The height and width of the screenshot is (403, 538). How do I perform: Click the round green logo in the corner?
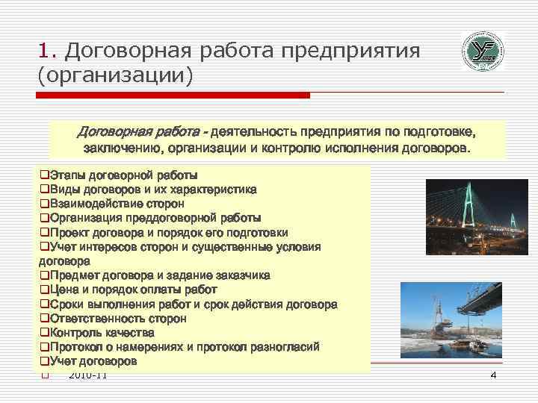click(482, 51)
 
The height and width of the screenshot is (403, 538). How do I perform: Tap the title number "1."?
click(49, 51)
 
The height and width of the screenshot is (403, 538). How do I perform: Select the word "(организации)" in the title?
click(114, 75)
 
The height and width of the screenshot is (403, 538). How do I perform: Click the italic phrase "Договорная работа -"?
click(142, 131)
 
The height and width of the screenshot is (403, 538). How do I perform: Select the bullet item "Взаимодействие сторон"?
click(117, 203)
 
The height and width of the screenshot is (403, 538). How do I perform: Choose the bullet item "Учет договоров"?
click(93, 361)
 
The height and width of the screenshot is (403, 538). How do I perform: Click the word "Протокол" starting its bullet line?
click(75, 347)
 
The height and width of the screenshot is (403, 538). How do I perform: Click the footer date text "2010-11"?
click(87, 375)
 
